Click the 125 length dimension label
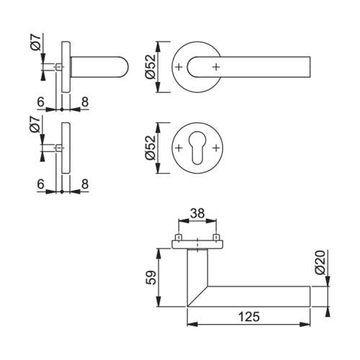(249, 317)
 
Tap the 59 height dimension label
(151, 278)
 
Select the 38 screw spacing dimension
(197, 213)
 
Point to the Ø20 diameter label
(320, 262)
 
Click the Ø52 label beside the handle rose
(150, 67)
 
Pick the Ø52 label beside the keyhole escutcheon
(150, 148)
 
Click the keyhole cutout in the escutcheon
(197, 148)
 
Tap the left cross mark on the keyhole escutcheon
(179, 148)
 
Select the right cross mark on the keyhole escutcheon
(216, 148)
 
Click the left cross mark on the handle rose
(179, 67)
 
